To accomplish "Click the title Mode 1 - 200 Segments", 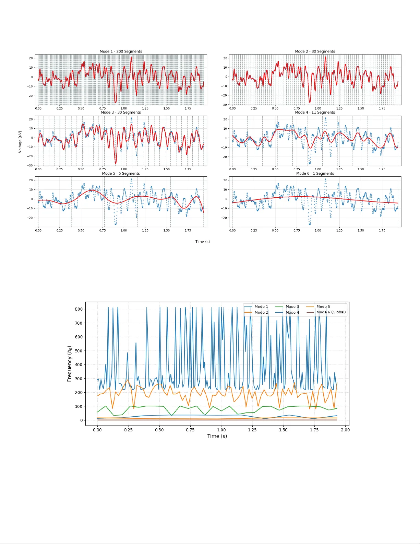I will click(x=121, y=51).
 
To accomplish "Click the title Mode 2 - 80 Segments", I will click(x=315, y=51).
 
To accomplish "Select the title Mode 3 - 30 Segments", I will click(x=121, y=112).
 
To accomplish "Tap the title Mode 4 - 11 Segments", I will click(x=315, y=112).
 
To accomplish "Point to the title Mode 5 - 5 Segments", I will click(x=121, y=173).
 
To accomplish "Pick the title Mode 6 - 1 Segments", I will click(x=315, y=173).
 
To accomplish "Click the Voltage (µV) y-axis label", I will click(x=20, y=141).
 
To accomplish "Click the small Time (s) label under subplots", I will click(x=202, y=242).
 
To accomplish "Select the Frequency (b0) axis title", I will click(x=70, y=364).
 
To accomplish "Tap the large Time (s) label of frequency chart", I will click(x=217, y=436).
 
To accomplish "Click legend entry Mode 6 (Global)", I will click(x=331, y=312).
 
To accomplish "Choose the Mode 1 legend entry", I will click(x=261, y=306).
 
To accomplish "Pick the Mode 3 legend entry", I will click(x=292, y=306).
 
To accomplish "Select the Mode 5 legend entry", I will click(x=323, y=306).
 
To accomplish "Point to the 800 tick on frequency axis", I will click(x=79, y=309).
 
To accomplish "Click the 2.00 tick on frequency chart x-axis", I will click(x=345, y=430).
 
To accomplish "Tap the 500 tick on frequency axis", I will click(x=79, y=351).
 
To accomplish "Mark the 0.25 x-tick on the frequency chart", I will click(x=128, y=430).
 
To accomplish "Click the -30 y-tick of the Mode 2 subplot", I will click(x=224, y=105).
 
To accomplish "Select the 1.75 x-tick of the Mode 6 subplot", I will click(x=382, y=231).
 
